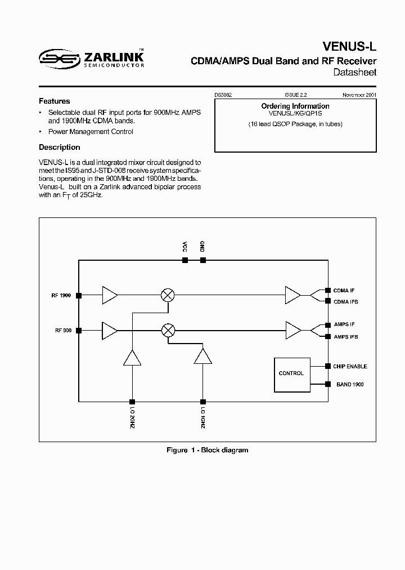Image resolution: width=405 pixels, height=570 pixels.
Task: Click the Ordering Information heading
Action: [x=295, y=106]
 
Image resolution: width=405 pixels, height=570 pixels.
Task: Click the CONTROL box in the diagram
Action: [x=291, y=374]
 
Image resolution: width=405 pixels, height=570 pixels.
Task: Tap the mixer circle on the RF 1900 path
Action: [x=167, y=295]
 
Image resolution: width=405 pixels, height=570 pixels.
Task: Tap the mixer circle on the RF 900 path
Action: [x=167, y=331]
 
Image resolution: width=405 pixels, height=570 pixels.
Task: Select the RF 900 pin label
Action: [x=62, y=331]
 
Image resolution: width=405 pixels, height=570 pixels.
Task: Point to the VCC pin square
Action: [x=184, y=260]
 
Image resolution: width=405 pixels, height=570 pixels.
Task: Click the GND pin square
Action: [x=202, y=260]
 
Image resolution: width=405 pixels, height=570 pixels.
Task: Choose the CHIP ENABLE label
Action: [x=350, y=366]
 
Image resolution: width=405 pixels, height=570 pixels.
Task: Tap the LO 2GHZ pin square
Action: [x=132, y=402]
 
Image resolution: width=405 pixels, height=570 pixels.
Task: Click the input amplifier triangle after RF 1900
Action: [x=110, y=295]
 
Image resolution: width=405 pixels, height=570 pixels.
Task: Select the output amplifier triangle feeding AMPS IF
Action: [x=293, y=331]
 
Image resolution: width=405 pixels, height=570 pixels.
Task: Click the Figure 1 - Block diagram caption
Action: [x=207, y=450]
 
